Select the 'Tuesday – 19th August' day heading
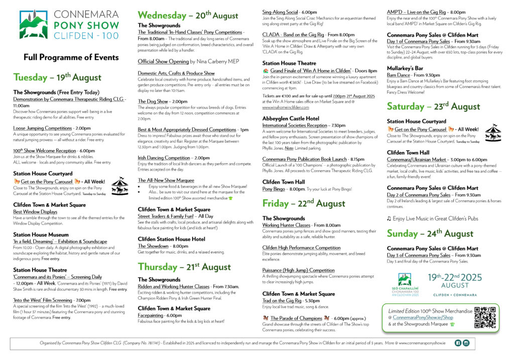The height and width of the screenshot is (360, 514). coord(57,77)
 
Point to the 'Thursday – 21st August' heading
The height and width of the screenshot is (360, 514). coord(184,266)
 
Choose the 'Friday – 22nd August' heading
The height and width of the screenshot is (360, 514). coord(304,203)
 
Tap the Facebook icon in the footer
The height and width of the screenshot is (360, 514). coord(458,343)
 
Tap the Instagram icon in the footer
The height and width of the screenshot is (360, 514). coord(466,343)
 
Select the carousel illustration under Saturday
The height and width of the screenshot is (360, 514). coord(493,132)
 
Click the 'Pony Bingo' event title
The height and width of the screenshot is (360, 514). coord(277,189)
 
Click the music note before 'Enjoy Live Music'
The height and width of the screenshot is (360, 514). coord(389,218)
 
